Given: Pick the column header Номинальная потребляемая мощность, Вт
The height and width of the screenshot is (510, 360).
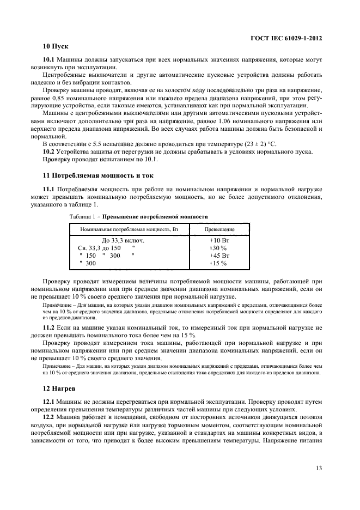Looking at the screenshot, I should pos(129,229).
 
